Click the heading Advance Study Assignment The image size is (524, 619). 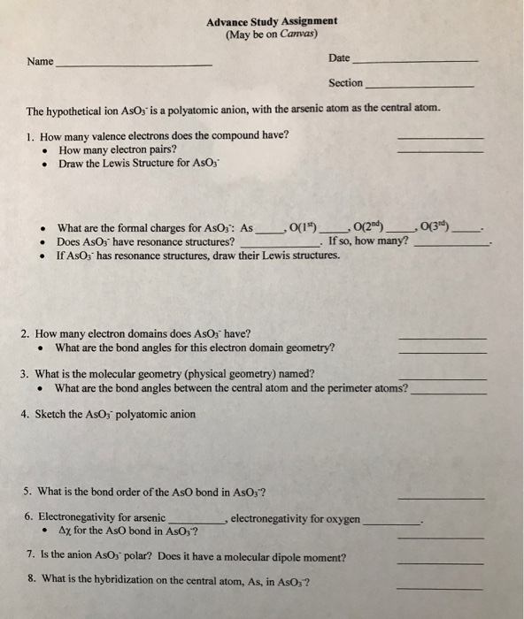(270, 21)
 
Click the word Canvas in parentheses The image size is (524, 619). (284, 34)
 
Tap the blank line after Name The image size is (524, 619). (133, 66)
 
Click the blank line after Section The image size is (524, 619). (419, 86)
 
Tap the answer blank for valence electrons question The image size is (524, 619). (441, 139)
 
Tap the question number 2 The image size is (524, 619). (26, 334)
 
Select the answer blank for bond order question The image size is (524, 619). (440, 498)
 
